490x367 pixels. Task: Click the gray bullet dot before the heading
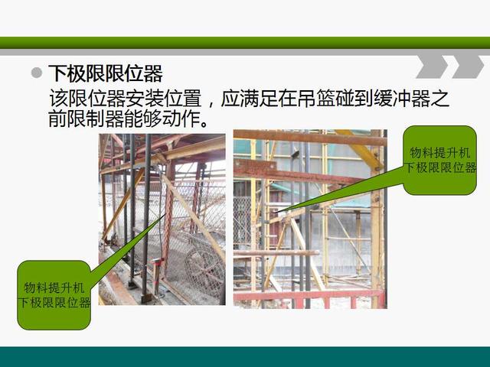pos(37,73)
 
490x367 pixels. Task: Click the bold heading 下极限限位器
pos(106,73)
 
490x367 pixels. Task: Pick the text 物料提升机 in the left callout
pos(54,287)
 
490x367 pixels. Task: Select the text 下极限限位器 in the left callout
pos(54,303)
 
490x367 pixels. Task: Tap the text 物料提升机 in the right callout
pos(439,153)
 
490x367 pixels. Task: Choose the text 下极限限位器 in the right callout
pos(440,168)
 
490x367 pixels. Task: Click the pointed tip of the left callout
pos(165,215)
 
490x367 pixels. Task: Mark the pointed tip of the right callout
pos(274,213)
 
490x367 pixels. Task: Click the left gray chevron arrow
pos(432,67)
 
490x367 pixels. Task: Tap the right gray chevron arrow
pos(468,67)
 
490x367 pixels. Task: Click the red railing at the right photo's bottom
pos(309,298)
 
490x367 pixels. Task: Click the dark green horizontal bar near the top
pos(245,43)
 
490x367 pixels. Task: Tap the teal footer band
pos(245,357)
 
